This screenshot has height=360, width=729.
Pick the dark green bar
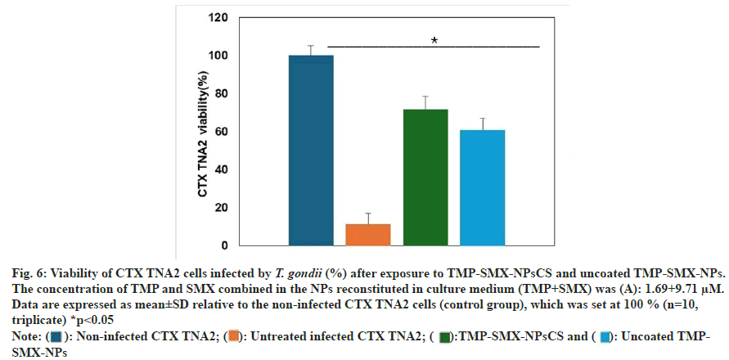pos(425,177)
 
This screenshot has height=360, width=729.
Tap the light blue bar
pos(482,187)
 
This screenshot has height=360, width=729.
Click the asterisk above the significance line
pos(434,40)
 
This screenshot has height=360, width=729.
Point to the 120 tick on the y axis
pos(217,17)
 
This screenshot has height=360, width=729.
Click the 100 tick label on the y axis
pos(217,56)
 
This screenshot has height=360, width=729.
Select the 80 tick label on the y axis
pos(219,93)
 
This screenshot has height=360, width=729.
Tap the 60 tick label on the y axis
pos(219,131)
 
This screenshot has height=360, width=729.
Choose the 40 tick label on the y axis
pos(219,169)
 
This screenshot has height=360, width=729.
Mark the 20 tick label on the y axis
pos(219,207)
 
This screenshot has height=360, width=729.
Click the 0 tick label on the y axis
pos(223,245)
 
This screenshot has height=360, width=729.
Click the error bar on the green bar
pos(425,102)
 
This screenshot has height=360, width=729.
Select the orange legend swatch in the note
pos(234,336)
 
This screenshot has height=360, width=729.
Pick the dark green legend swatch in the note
pos(447,336)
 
